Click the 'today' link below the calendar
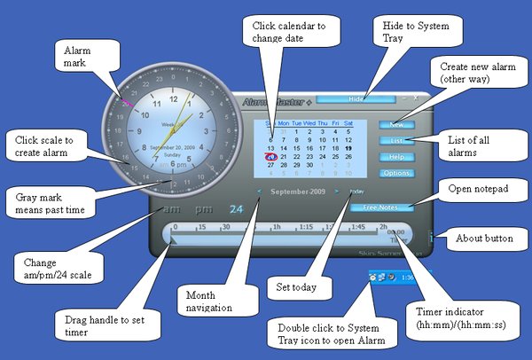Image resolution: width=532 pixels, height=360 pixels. pos(356,191)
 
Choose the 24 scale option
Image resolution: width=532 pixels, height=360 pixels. pos(236,210)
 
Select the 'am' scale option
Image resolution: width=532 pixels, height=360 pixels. pos(168,210)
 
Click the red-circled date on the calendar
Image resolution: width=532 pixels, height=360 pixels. pos(270,156)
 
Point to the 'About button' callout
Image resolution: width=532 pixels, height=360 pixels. pos(487,239)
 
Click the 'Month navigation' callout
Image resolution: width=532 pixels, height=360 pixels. pos(211,301)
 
